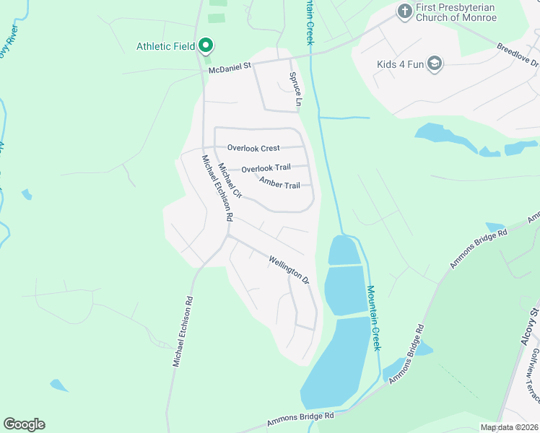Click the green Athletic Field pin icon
point(205,46)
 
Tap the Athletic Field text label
point(166,47)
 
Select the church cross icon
point(404,12)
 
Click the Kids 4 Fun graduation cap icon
point(434,64)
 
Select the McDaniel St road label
point(229,67)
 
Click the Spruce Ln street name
point(295,88)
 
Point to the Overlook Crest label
point(253,148)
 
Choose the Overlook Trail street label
point(266,168)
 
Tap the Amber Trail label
point(279,185)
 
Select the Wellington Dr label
point(289,269)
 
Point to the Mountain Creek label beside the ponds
point(373,318)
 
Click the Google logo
point(24,424)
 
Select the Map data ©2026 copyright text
point(509,427)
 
